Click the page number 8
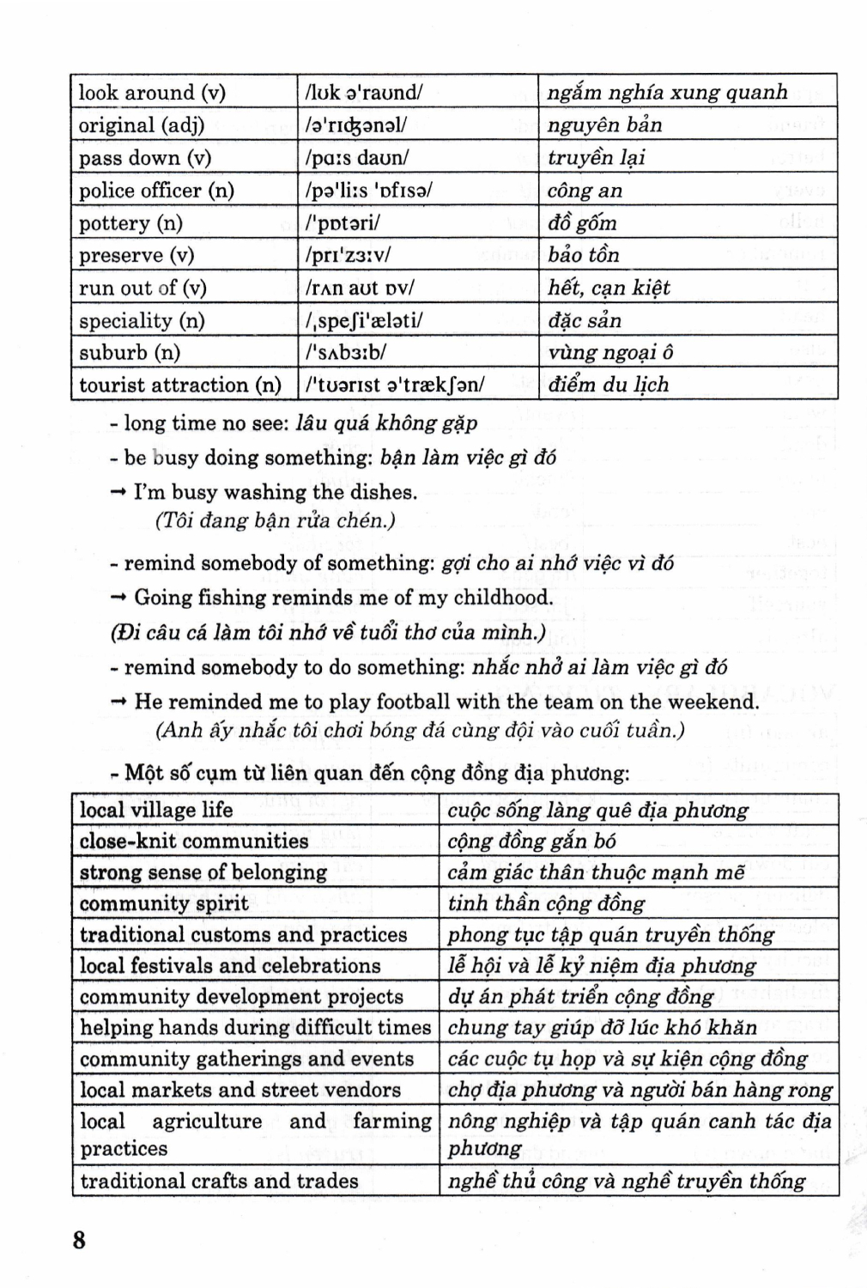pyautogui.click(x=79, y=1239)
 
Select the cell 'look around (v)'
pyautogui.click(x=152, y=93)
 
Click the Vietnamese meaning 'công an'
pyautogui.click(x=585, y=191)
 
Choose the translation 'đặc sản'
pyautogui.click(x=584, y=320)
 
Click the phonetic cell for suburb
pyautogui.click(x=346, y=352)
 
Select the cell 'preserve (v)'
pyautogui.click(x=136, y=255)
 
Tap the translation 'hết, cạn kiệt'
pyautogui.click(x=609, y=288)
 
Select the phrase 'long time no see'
pyautogui.click(x=205, y=422)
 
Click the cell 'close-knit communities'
pyautogui.click(x=193, y=841)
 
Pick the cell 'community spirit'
pyautogui.click(x=164, y=903)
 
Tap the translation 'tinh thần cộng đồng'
pyautogui.click(x=546, y=903)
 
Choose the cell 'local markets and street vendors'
pyautogui.click(x=240, y=1090)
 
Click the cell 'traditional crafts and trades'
pyautogui.click(x=219, y=1181)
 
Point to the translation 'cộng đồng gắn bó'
pyautogui.click(x=531, y=841)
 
